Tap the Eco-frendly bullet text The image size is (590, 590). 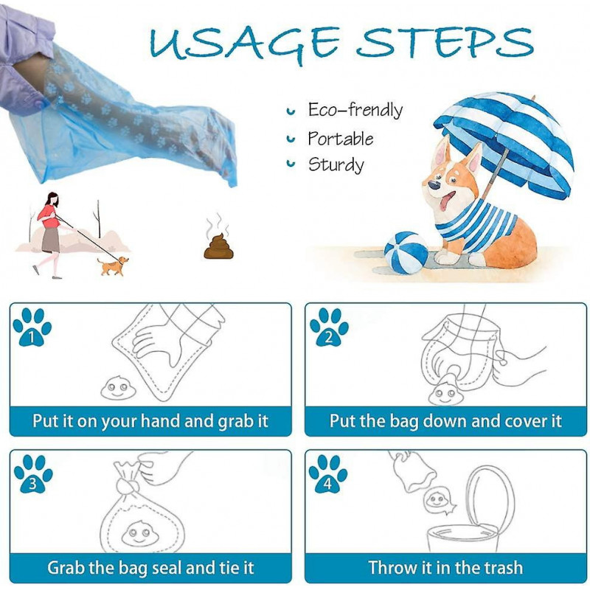click(x=355, y=111)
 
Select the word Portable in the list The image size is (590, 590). click(x=340, y=139)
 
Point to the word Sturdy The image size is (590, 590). click(x=336, y=164)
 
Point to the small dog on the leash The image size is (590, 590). click(x=112, y=265)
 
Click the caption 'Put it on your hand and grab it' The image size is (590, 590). click(x=150, y=421)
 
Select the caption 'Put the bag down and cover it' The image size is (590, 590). click(x=445, y=421)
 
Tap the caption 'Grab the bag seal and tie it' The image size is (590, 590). click(x=150, y=568)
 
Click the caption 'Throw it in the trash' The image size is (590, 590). click(x=445, y=568)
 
